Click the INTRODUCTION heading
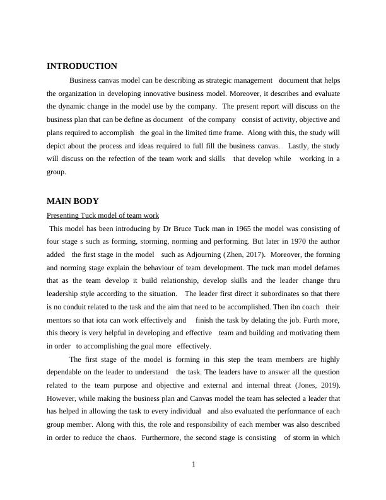coord(82,66)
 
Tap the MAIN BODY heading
coord(73,201)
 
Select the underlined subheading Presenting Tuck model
coord(103,215)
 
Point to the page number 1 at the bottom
coord(194,465)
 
